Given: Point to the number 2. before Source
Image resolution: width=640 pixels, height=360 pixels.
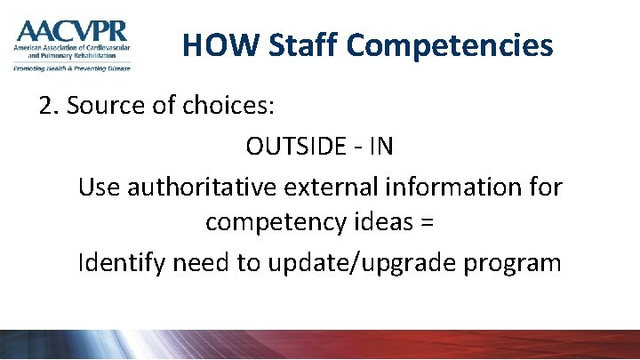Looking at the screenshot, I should [x=49, y=107].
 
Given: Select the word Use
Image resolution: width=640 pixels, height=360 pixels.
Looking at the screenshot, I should [x=98, y=187].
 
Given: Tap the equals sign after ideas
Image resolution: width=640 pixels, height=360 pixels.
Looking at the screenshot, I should [x=426, y=224].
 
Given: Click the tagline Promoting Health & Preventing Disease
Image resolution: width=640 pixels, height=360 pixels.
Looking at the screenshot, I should [x=71, y=68].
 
